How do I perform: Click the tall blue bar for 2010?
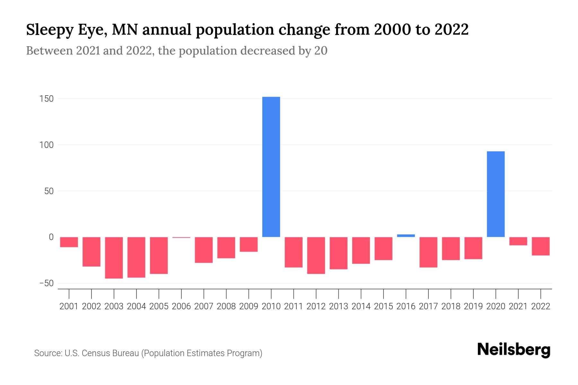(x=271, y=167)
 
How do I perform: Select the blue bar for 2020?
(x=495, y=194)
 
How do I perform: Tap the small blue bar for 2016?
(x=406, y=235)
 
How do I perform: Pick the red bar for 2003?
(x=114, y=258)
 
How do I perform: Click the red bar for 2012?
(x=316, y=255)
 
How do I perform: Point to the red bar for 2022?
(x=541, y=246)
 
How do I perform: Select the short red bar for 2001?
(x=69, y=242)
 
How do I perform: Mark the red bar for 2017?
(x=428, y=252)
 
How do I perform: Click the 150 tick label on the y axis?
(x=47, y=99)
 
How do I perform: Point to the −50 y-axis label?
(x=46, y=283)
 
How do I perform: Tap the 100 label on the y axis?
(x=47, y=145)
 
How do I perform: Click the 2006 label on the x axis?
(x=181, y=306)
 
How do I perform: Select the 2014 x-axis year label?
(x=361, y=306)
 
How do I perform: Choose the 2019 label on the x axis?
(x=473, y=306)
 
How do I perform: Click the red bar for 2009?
(x=249, y=244)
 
